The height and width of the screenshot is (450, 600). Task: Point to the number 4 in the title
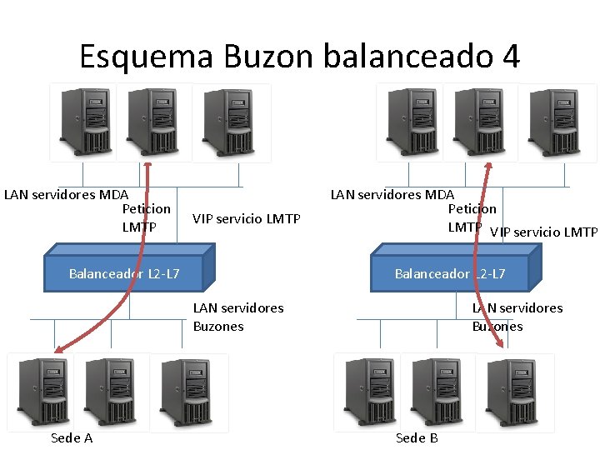pyautogui.click(x=511, y=57)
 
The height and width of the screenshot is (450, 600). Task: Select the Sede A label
pyautogui.click(x=72, y=437)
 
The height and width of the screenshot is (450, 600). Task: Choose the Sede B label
pyautogui.click(x=417, y=437)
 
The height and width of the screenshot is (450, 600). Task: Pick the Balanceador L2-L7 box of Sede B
pyautogui.click(x=450, y=264)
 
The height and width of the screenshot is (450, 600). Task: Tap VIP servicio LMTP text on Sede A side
pyautogui.click(x=246, y=219)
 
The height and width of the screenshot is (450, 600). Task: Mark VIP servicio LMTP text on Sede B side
pyautogui.click(x=543, y=232)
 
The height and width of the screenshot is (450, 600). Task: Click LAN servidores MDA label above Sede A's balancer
pyautogui.click(x=66, y=196)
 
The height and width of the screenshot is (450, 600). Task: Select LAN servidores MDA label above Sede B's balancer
pyautogui.click(x=392, y=196)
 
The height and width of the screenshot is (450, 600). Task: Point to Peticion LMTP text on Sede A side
pyautogui.click(x=146, y=217)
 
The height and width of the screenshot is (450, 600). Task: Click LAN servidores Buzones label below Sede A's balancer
pyautogui.click(x=237, y=317)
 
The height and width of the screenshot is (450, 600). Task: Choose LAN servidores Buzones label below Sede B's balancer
pyautogui.click(x=517, y=317)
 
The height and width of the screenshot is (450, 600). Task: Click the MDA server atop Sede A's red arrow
pyautogui.click(x=153, y=122)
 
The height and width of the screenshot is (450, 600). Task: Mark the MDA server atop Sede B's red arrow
pyautogui.click(x=480, y=122)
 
